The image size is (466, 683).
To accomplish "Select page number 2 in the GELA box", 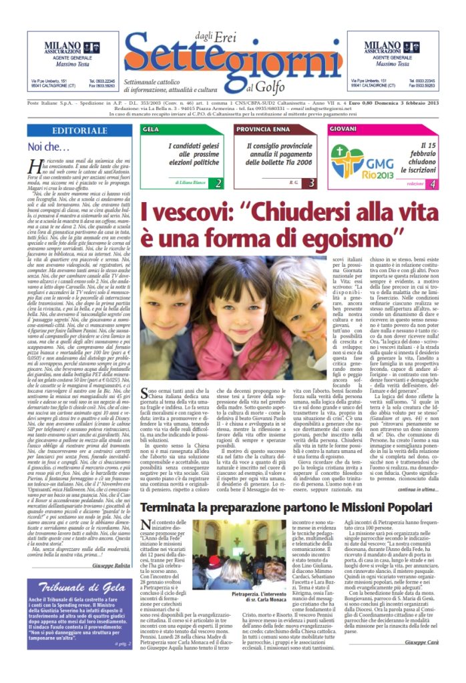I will (219, 183).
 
